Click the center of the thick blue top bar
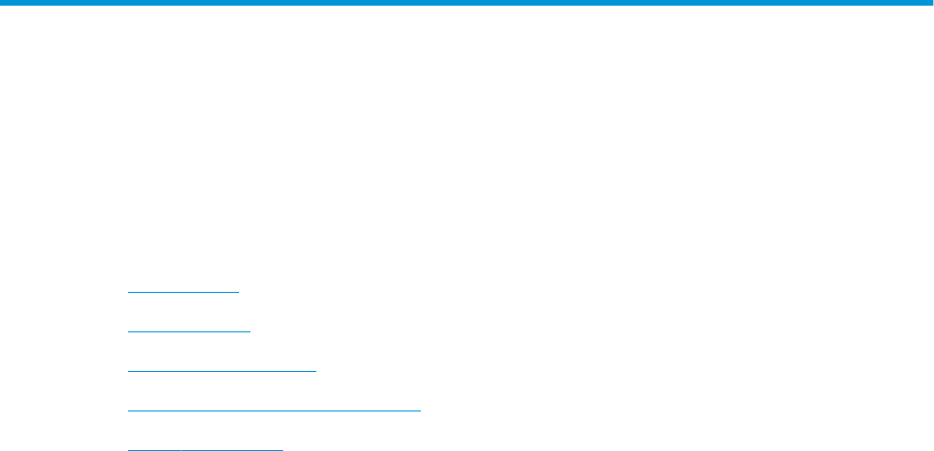click(467, 4)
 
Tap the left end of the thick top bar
click(2, 4)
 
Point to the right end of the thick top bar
click(931, 4)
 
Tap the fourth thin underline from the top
click(274, 410)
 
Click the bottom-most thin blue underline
click(205, 449)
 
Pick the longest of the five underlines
click(274, 410)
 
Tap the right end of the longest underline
click(421, 410)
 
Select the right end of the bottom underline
click(282, 449)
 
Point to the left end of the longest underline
click(128, 410)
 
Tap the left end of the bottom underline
click(128, 449)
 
